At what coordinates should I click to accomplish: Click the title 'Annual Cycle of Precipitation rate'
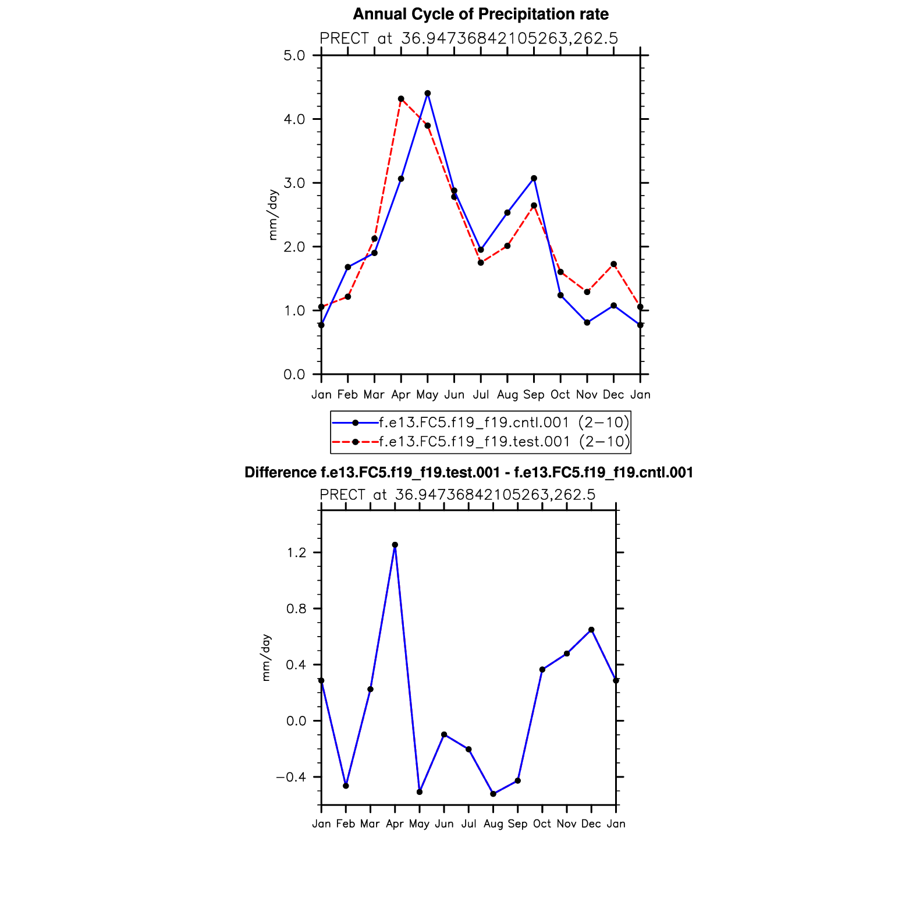click(x=481, y=14)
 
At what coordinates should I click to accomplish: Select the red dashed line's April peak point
click(x=401, y=99)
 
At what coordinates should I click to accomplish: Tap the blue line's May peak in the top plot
click(x=428, y=93)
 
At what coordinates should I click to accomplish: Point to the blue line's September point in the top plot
click(x=534, y=178)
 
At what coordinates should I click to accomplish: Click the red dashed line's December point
click(x=613, y=264)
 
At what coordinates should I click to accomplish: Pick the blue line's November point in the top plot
click(x=587, y=322)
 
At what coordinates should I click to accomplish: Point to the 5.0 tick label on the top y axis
click(x=294, y=56)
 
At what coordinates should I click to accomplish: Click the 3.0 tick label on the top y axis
click(x=294, y=183)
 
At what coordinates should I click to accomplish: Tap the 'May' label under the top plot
click(x=427, y=395)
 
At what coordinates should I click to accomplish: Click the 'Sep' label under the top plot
click(x=534, y=395)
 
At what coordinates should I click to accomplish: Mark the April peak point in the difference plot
click(x=395, y=545)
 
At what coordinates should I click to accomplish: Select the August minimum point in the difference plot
click(x=493, y=794)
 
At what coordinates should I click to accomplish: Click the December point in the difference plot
click(x=591, y=630)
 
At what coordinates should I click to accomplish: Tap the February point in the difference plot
click(x=346, y=786)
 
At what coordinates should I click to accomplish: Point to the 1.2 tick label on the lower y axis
click(x=297, y=552)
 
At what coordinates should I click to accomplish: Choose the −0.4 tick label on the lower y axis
click(x=291, y=777)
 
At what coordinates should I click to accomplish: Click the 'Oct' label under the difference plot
click(x=542, y=823)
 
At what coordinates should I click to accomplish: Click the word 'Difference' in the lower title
click(x=281, y=473)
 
